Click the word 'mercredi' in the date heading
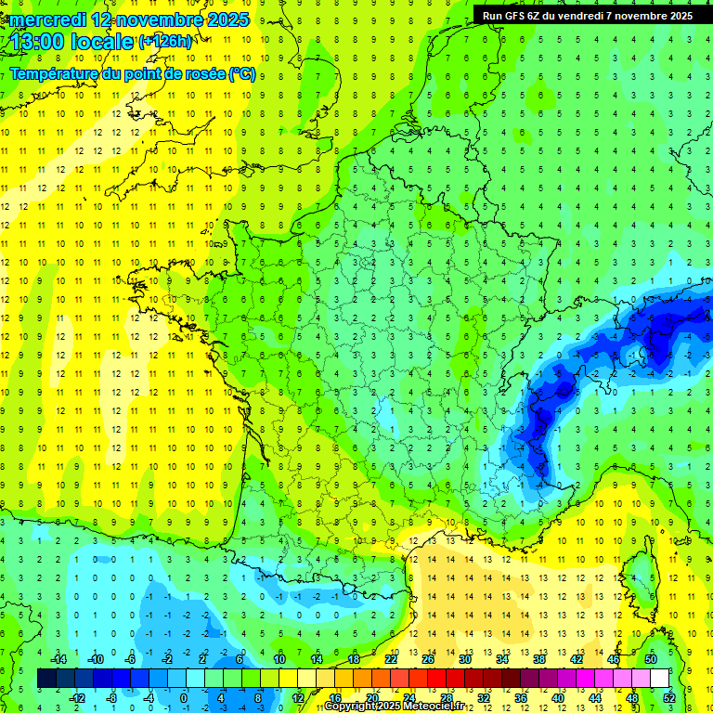(47, 19)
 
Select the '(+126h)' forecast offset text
(165, 41)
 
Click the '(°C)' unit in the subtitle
(241, 74)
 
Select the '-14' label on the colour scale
(58, 659)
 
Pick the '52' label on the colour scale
(668, 697)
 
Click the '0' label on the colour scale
(184, 697)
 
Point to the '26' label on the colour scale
(427, 659)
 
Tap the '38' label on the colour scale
(538, 659)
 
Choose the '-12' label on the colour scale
(76, 697)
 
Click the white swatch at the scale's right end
(659, 679)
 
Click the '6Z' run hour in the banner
(536, 16)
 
